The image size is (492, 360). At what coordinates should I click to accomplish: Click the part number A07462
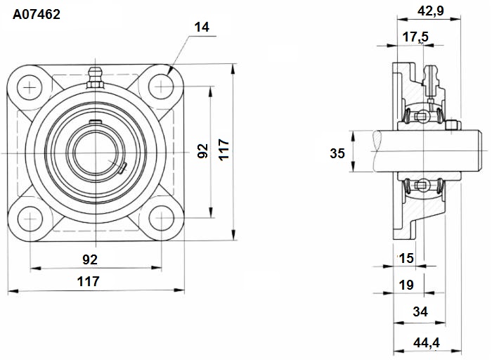[x=37, y=15]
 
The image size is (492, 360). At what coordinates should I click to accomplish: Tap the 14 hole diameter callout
[x=202, y=27]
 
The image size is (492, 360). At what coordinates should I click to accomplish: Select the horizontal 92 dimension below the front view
[x=90, y=259]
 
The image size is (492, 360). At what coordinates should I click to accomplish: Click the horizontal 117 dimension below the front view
[x=88, y=281]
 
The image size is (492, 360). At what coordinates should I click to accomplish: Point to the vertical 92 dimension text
[x=202, y=150]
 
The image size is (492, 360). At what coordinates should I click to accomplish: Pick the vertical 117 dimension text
[x=224, y=150]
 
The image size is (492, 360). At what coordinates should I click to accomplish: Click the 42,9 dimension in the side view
[x=430, y=11]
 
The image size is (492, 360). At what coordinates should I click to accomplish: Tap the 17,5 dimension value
[x=415, y=37]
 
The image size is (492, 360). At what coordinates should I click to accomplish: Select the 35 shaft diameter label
[x=337, y=153]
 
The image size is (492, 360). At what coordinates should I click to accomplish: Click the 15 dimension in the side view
[x=406, y=258]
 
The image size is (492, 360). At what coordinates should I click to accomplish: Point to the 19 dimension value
[x=406, y=285]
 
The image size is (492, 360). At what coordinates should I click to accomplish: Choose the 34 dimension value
[x=420, y=311]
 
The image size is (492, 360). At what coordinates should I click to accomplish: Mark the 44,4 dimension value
[x=427, y=342]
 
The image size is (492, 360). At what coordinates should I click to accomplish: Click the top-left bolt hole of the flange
[x=30, y=87]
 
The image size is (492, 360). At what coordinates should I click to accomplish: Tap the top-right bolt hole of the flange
[x=161, y=86]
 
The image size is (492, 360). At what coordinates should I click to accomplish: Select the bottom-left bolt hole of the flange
[x=30, y=219]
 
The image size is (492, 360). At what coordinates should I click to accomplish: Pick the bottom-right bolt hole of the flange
[x=161, y=218]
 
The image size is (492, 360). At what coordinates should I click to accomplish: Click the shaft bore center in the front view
[x=96, y=153]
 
